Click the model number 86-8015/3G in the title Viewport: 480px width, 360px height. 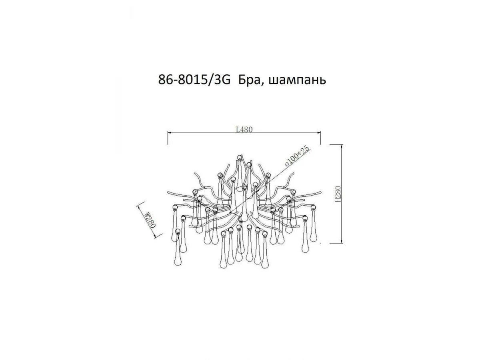tap(194, 80)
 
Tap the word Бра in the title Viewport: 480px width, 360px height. tap(250, 80)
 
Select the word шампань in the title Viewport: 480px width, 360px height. tap(297, 81)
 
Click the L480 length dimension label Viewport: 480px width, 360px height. tap(244, 130)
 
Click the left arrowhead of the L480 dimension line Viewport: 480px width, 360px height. tap(169, 133)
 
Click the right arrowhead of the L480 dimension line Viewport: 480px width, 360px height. tap(319, 133)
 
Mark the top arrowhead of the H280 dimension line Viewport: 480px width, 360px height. tap(342, 146)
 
